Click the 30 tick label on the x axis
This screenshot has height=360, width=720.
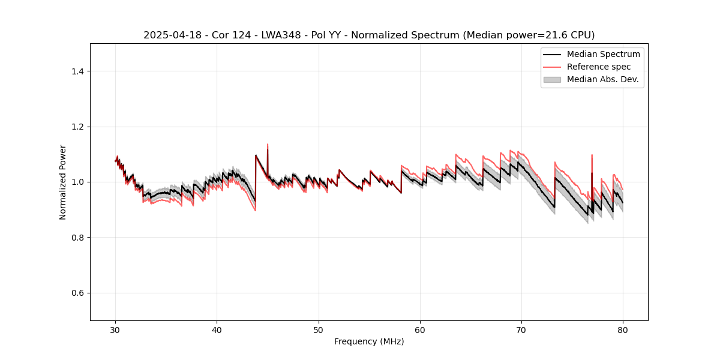click(x=115, y=329)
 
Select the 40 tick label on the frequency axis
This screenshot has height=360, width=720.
click(x=217, y=329)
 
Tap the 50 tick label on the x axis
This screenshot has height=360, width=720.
click(x=319, y=329)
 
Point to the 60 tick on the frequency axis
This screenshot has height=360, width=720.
click(x=420, y=329)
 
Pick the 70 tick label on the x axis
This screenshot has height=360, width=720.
click(x=521, y=329)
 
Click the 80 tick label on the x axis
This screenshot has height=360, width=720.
click(x=623, y=329)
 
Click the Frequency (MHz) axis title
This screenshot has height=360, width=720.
click(x=369, y=341)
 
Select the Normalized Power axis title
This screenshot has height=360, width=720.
click(x=63, y=182)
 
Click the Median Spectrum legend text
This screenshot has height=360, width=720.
click(x=603, y=54)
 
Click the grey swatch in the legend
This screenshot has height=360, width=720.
click(x=552, y=79)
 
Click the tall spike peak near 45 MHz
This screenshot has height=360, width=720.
click(x=268, y=145)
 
